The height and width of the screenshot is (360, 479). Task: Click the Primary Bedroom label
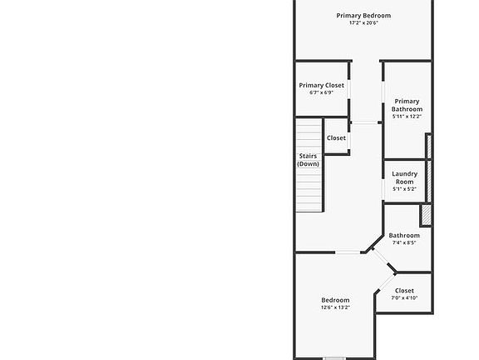(363, 16)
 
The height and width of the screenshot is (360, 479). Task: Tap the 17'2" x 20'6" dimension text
(363, 23)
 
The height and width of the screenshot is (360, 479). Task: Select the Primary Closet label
(321, 85)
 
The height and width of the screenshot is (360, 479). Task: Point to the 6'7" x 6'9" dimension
(321, 92)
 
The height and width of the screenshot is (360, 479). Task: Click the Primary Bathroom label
(407, 105)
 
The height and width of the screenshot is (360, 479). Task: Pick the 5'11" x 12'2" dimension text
(407, 117)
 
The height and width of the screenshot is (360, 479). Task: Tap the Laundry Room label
(404, 177)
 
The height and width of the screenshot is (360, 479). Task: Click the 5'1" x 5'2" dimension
(404, 189)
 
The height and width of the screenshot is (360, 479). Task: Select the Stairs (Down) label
(308, 160)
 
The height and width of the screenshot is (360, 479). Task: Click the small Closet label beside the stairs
(336, 138)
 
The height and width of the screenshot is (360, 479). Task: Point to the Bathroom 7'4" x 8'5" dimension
(404, 242)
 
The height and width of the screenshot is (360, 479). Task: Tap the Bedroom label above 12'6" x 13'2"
(335, 300)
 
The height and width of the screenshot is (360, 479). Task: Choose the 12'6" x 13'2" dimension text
(335, 307)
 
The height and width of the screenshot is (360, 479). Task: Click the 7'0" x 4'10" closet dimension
(404, 297)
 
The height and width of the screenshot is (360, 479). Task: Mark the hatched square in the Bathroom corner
(426, 215)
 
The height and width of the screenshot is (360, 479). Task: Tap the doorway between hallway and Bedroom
(348, 252)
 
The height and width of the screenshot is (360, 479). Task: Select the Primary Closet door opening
(349, 90)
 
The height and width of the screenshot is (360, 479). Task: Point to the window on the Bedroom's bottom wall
(334, 358)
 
